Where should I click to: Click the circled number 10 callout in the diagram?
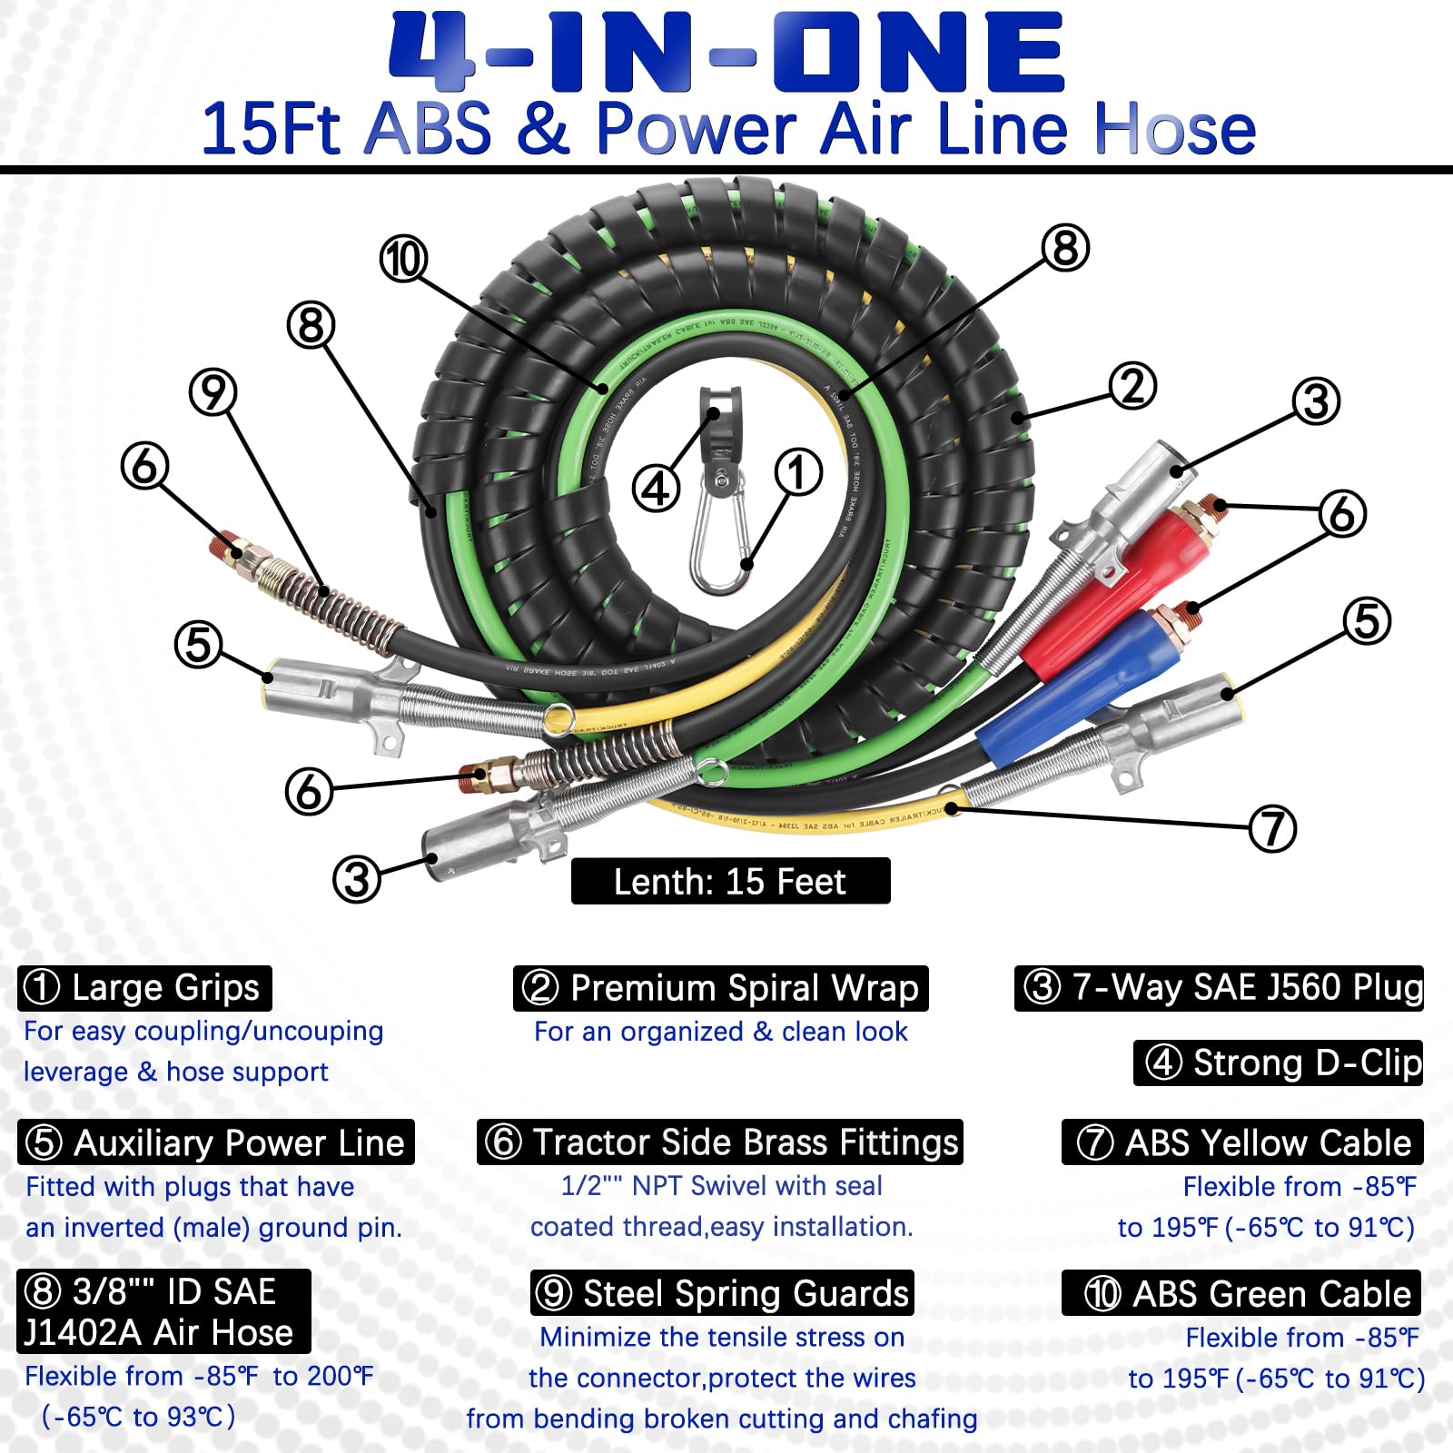(403, 260)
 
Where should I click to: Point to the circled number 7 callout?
(1272, 828)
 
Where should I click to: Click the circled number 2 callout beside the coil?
(1133, 386)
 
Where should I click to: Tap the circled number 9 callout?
(213, 392)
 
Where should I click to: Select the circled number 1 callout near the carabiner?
(798, 472)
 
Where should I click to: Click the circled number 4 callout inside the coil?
(656, 489)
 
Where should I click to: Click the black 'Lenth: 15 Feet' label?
(730, 881)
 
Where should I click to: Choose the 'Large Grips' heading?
(144, 988)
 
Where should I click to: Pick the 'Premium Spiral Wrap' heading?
(720, 988)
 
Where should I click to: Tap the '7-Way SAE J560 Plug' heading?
(1219, 988)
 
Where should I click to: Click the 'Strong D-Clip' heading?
(1278, 1063)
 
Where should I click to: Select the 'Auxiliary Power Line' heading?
(215, 1142)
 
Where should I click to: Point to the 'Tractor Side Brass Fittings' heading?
(719, 1142)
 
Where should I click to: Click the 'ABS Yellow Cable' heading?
(1242, 1142)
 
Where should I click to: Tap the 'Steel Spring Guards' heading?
(722, 1293)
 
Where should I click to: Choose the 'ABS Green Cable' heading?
(1241, 1293)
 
